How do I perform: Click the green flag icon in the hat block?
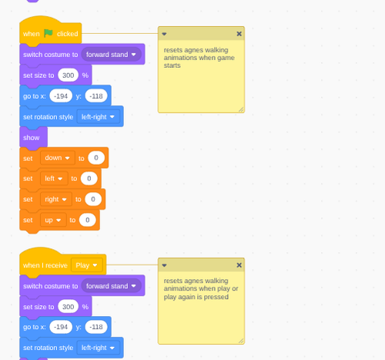tap(49, 33)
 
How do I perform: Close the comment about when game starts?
tap(239, 34)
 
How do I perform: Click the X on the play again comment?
tap(239, 265)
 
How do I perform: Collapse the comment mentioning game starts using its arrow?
tap(164, 34)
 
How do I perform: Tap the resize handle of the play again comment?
tap(241, 341)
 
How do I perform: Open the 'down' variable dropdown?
tap(58, 158)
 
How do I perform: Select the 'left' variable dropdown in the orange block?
tap(54, 178)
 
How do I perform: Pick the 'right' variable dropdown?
tap(56, 199)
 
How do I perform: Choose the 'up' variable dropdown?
tap(53, 220)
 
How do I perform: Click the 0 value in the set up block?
tap(88, 220)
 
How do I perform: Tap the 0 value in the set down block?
tap(96, 158)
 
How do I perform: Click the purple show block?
tap(33, 137)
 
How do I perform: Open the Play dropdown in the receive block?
tap(87, 265)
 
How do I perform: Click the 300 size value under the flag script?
tap(69, 76)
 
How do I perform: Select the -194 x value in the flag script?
tap(61, 96)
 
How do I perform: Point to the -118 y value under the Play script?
tap(96, 327)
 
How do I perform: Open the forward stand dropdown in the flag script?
tap(112, 55)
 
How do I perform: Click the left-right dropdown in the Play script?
tap(99, 348)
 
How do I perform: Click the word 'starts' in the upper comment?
tap(172, 66)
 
